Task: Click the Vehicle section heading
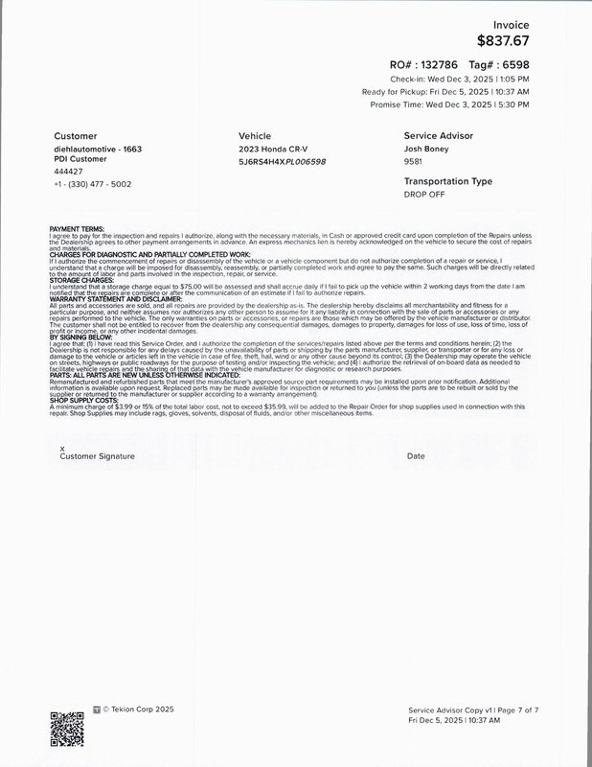tap(255, 136)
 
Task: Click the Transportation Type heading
tap(447, 181)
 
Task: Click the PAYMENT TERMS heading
tap(76, 228)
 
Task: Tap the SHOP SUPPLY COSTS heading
tap(83, 401)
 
